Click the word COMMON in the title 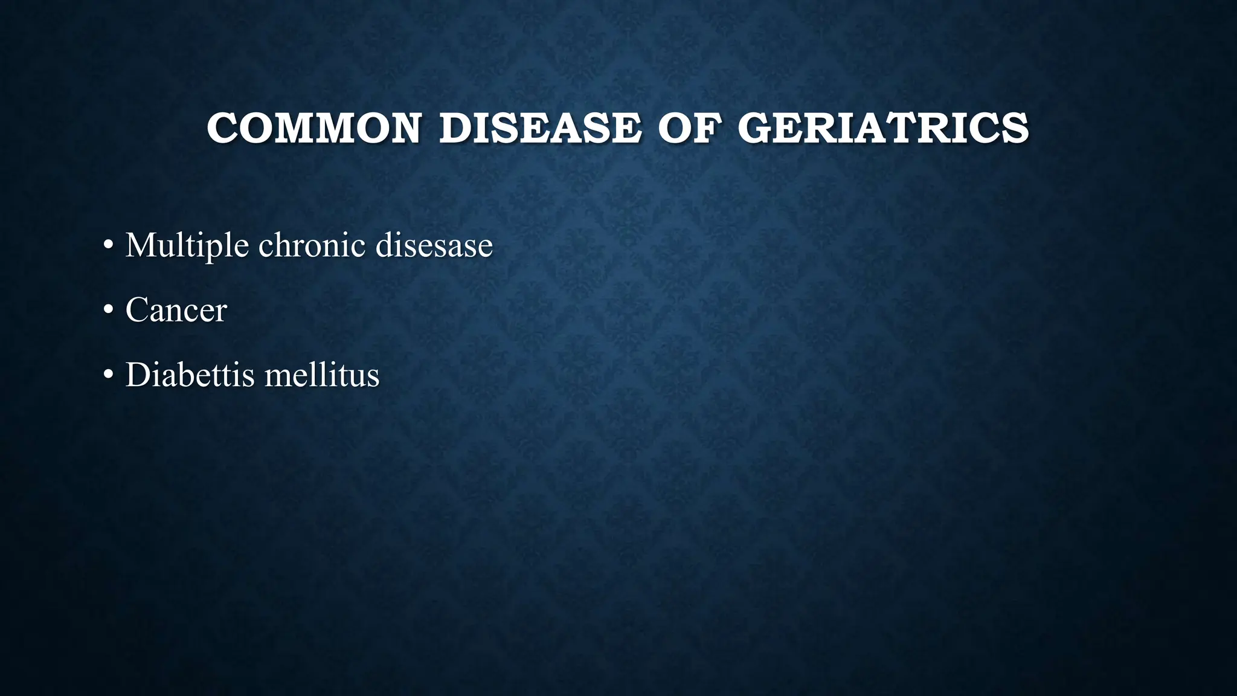pyautogui.click(x=313, y=128)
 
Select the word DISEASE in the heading pyautogui.click(x=540, y=128)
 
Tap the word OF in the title pyautogui.click(x=689, y=128)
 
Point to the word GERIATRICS pyautogui.click(x=883, y=128)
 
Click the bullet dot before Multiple pyautogui.click(x=108, y=246)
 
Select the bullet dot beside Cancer pyautogui.click(x=108, y=311)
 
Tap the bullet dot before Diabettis pyautogui.click(x=108, y=375)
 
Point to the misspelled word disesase pyautogui.click(x=434, y=245)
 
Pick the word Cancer pyautogui.click(x=176, y=310)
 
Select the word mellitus pyautogui.click(x=322, y=375)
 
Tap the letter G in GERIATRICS pyautogui.click(x=756, y=128)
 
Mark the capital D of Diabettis pyautogui.click(x=137, y=375)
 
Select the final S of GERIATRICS pyautogui.click(x=1016, y=128)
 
